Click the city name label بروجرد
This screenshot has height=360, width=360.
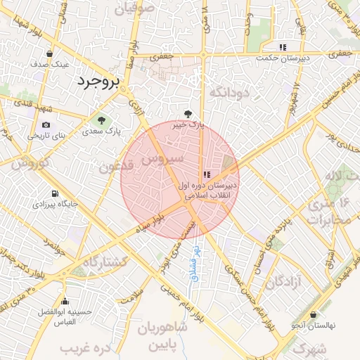[x=98, y=82]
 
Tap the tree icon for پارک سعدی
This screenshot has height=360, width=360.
[x=103, y=120]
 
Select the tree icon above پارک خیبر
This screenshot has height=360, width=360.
[x=188, y=112]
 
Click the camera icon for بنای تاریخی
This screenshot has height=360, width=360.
[x=46, y=124]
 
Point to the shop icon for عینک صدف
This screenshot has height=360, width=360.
[x=49, y=53]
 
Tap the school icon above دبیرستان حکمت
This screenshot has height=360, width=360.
[x=283, y=47]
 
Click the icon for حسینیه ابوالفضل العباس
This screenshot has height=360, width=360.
[x=65, y=300]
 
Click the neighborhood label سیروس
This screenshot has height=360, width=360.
[x=162, y=159]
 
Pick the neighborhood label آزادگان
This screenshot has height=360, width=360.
[x=283, y=282]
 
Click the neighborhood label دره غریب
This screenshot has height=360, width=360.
[x=86, y=347]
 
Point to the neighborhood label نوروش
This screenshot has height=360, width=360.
[x=29, y=163]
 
